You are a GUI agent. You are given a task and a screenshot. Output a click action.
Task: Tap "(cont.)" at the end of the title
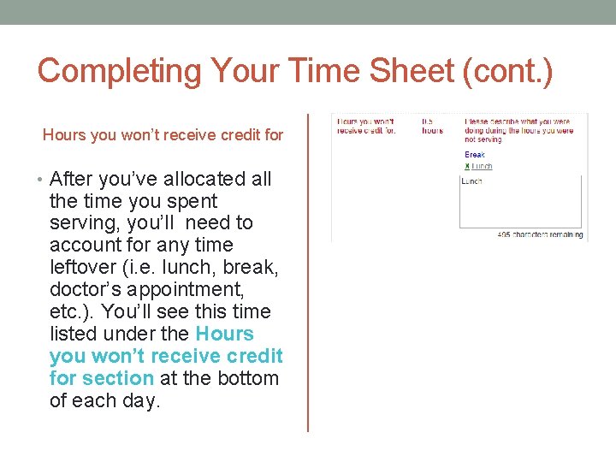point(507,70)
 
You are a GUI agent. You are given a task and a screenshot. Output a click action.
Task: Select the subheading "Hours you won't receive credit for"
point(163,134)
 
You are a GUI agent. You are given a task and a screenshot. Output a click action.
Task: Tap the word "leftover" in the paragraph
point(86,268)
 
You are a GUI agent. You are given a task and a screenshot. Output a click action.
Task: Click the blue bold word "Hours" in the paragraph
point(224,334)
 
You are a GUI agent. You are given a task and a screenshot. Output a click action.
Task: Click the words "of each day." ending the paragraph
point(104,400)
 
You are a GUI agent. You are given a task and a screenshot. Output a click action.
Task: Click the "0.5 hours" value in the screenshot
point(432,126)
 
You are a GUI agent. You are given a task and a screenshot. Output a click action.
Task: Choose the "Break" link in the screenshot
point(475,155)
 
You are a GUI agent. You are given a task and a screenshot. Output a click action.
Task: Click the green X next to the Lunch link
point(467,166)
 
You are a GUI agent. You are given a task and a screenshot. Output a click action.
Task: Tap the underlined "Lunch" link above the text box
point(482,166)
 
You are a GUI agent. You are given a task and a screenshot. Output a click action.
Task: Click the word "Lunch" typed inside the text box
point(471,181)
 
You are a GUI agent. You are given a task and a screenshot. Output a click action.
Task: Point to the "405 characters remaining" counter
point(540,234)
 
